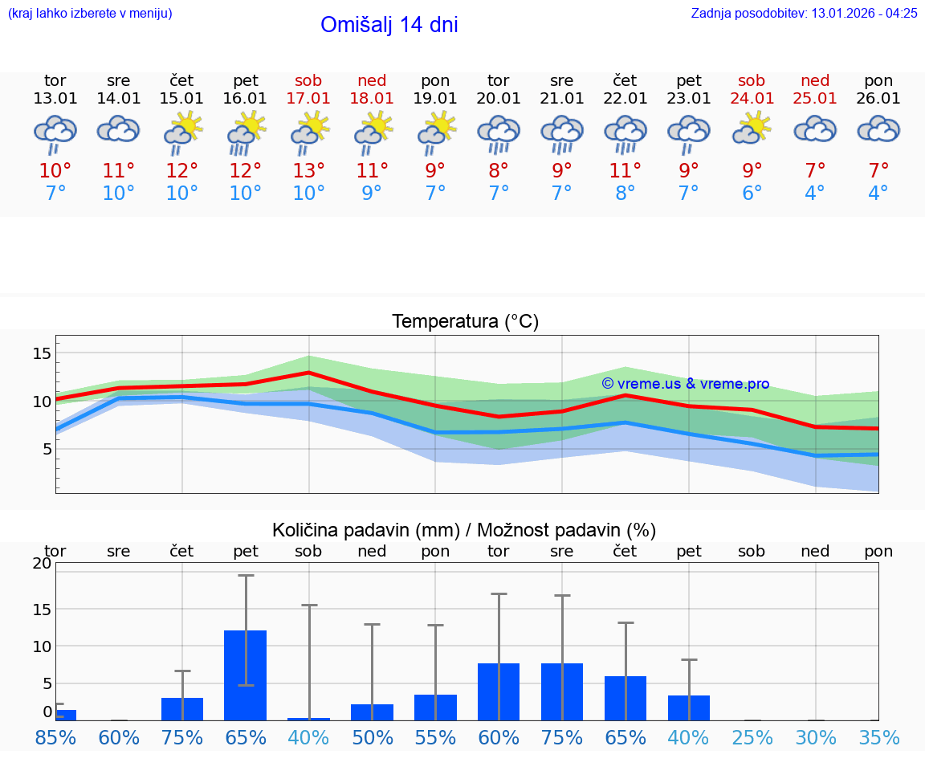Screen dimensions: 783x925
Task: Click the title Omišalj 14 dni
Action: coord(389,25)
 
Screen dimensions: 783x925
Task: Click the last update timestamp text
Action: coord(804,14)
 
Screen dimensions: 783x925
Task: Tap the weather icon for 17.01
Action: coord(308,133)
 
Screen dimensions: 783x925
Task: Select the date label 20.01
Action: coord(499,99)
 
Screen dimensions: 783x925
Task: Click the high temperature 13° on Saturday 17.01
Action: coord(308,171)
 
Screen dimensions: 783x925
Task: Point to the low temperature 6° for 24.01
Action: coord(752,194)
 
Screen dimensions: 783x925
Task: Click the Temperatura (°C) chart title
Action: coord(465,322)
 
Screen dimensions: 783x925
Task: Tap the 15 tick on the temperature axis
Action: coord(42,353)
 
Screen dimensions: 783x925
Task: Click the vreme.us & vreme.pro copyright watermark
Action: coord(685,384)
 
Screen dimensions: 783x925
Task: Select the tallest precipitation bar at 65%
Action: coord(245,675)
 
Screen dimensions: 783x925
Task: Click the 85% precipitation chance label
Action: coord(55,738)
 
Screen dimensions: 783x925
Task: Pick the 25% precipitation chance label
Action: coord(752,738)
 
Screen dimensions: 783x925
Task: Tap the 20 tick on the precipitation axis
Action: coord(42,564)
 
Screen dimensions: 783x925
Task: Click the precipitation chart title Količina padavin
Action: coord(464,530)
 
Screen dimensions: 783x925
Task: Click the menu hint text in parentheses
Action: coord(90,14)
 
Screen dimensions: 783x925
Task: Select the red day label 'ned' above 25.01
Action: coord(815,81)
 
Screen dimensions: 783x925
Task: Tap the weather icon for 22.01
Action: coord(625,133)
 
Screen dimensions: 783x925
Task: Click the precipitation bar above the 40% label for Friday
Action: coord(689,708)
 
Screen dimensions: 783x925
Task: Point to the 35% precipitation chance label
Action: coord(878,738)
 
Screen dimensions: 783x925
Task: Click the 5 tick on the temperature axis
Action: coord(46,449)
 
